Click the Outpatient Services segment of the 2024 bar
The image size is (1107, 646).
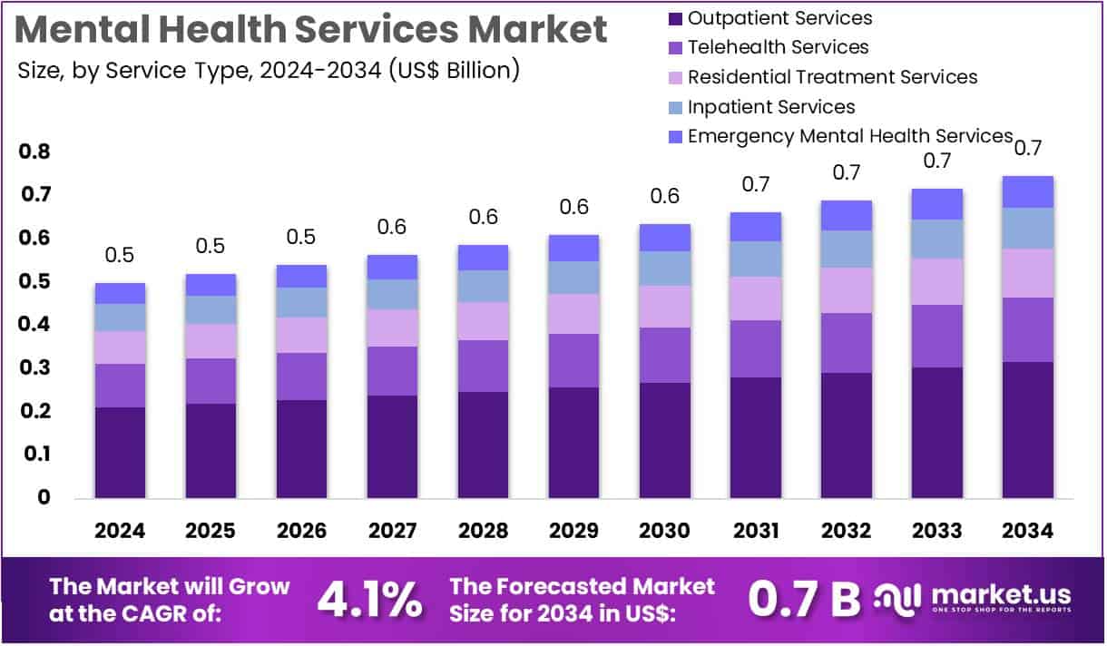tap(120, 452)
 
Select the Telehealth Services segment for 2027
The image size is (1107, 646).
tap(392, 370)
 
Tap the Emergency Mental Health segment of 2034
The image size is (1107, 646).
tap(1027, 191)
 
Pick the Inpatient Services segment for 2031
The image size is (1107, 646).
tap(755, 259)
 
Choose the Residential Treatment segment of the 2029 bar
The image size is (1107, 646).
tap(573, 313)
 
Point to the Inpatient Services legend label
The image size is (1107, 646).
tap(771, 107)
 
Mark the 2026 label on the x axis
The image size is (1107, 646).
tap(301, 532)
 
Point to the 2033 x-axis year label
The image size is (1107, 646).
tap(936, 532)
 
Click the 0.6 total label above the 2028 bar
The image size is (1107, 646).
tap(483, 217)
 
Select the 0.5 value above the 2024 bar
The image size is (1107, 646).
tap(120, 255)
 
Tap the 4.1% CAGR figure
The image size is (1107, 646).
tap(369, 599)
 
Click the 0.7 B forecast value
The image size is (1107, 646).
tap(803, 599)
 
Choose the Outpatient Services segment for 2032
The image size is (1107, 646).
tap(846, 435)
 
